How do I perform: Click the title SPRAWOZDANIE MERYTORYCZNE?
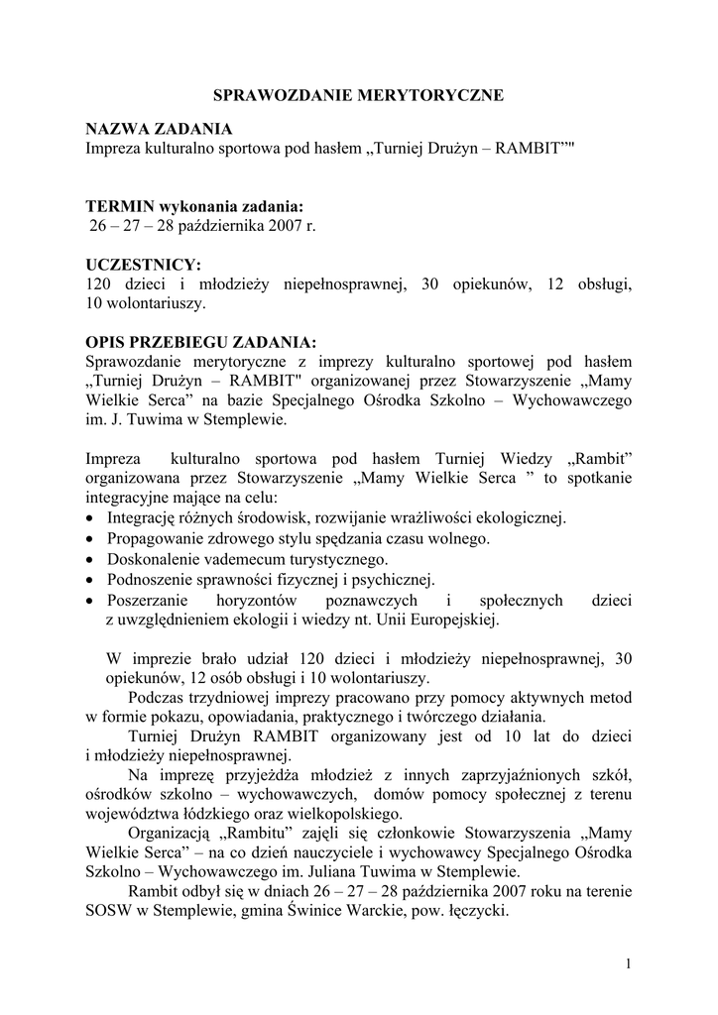(359, 95)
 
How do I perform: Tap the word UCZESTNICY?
(144, 265)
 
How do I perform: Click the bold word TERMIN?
(121, 206)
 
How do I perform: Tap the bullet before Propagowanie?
(91, 539)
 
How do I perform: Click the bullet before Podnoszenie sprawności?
(91, 580)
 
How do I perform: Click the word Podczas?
(159, 697)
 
